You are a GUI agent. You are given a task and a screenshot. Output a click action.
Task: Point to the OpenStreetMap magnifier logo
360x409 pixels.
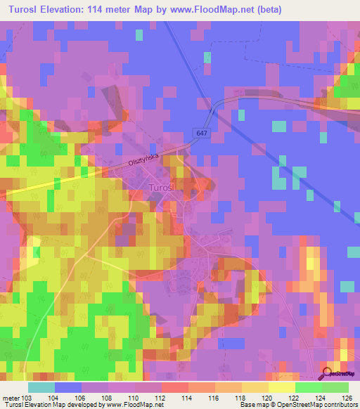pyautogui.click(x=328, y=373)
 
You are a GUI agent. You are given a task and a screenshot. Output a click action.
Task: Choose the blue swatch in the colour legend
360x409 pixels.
pyautogui.click(x=67, y=387)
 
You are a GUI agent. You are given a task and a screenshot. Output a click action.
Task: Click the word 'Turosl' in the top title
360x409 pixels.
pyautogui.click(x=25, y=9)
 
